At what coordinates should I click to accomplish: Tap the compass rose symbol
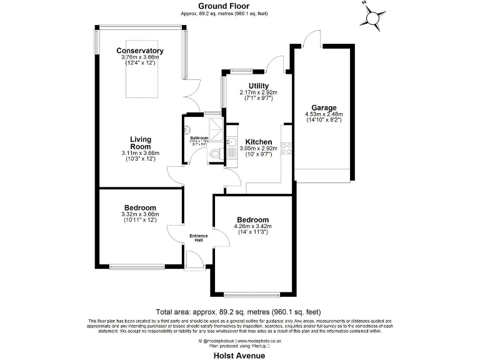coord(373,17)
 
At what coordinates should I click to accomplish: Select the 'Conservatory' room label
coord(140,51)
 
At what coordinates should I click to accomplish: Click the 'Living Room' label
coord(141,143)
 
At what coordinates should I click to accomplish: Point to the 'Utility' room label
coord(258,86)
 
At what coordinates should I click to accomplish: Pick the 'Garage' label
coord(324,107)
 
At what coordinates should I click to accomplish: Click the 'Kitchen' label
coord(258,142)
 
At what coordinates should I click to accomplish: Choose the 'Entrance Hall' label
coord(199,238)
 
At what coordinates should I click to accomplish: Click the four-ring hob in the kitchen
coord(288,148)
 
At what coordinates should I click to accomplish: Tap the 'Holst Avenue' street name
coord(239,355)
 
